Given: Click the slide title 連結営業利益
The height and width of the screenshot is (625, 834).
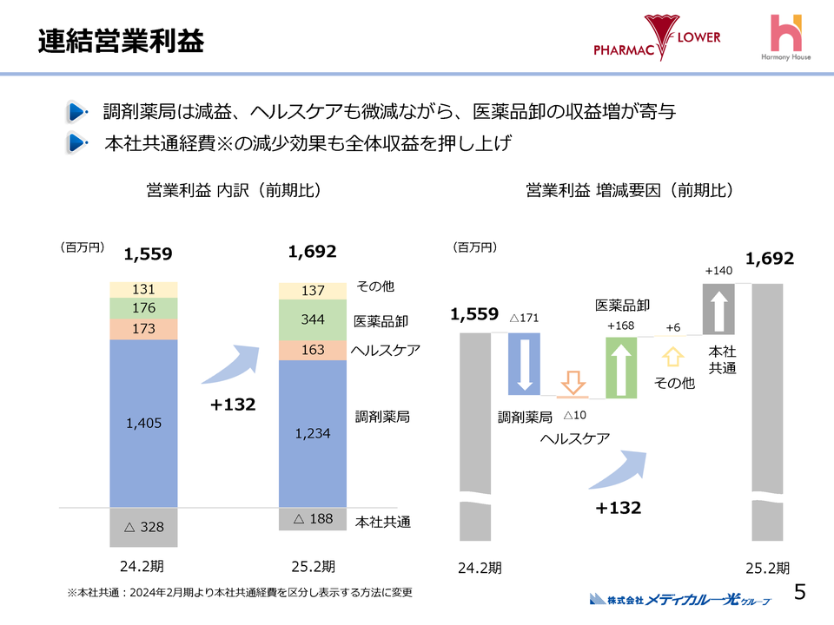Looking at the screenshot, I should tap(121, 41).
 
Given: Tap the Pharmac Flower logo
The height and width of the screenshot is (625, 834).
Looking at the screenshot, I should tap(657, 39).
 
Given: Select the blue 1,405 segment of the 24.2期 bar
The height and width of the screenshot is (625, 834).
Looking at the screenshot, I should tap(143, 423).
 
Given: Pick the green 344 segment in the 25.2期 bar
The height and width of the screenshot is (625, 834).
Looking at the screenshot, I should tap(313, 319).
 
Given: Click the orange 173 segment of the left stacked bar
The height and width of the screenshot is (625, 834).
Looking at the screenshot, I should tap(143, 329).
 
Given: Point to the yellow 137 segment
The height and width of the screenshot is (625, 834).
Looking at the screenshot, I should tap(313, 291).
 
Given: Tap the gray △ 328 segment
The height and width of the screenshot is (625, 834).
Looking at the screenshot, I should tap(143, 527).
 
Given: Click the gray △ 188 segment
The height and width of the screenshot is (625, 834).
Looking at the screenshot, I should tap(313, 519).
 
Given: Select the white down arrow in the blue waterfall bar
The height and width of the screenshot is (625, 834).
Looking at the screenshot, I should tap(525, 363).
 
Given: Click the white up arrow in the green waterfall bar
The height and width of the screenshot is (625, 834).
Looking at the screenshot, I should tap(622, 367).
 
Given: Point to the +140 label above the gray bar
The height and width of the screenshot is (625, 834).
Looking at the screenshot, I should tap(718, 272).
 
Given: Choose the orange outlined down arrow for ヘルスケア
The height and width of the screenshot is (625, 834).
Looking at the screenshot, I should tap(572, 383).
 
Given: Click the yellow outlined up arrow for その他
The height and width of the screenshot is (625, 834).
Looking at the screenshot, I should tap(672, 356).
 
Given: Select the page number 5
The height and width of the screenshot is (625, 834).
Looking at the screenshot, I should tap(799, 592).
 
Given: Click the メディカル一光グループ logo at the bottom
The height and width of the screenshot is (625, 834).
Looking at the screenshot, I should tap(680, 599).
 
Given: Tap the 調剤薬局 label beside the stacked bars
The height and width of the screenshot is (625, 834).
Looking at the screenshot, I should tap(382, 417).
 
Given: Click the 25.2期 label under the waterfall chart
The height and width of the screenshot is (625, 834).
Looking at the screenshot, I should tap(768, 569).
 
